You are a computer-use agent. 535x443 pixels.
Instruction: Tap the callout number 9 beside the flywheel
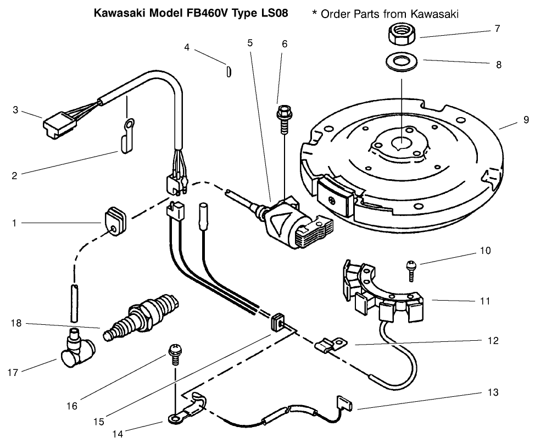pyautogui.click(x=526, y=119)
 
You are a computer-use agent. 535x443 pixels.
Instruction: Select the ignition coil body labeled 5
pyautogui.click(x=285, y=222)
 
